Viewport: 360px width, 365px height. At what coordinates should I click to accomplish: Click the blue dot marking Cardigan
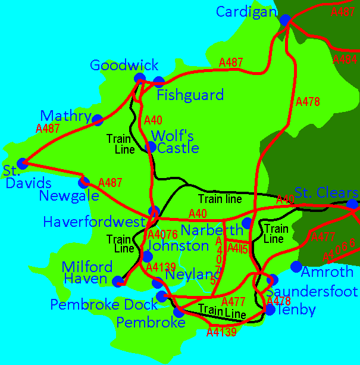285,20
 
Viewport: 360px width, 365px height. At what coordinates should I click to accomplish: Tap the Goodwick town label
124,65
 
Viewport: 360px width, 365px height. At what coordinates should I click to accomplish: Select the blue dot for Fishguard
158,82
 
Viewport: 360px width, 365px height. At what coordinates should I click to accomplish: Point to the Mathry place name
65,116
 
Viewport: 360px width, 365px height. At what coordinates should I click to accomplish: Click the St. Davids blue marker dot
23,163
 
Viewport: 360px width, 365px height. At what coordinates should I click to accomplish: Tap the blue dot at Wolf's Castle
151,146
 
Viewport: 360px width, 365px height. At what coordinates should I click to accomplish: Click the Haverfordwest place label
94,222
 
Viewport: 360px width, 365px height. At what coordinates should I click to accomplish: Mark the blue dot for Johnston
146,256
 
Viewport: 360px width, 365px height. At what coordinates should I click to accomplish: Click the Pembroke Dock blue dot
161,296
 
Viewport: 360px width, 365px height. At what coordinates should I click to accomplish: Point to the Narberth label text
211,230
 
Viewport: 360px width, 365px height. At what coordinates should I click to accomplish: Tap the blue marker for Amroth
296,266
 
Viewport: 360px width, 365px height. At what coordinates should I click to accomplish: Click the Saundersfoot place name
312,292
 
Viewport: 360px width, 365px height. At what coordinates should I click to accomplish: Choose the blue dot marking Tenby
270,310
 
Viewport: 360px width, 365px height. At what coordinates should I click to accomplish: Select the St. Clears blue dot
352,204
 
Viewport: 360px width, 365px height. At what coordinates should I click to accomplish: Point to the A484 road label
345,60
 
